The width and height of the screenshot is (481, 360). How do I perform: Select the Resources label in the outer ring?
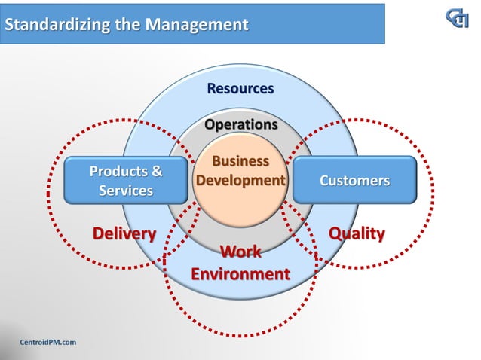point(240,89)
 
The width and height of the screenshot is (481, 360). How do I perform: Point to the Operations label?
point(241,124)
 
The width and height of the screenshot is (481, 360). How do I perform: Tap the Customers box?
point(354,181)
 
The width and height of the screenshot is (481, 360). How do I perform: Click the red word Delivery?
point(124,233)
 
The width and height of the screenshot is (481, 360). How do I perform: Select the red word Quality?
point(357,233)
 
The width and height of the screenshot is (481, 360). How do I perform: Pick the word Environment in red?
point(240,273)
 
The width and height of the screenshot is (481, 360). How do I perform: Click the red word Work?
point(240,251)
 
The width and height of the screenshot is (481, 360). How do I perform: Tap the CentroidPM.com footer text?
point(47,343)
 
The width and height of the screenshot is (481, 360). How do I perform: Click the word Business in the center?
point(240,161)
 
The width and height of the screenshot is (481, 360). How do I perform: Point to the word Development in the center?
point(240,181)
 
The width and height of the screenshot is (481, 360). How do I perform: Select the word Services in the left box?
point(125,191)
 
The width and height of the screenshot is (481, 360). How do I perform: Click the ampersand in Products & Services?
point(156,171)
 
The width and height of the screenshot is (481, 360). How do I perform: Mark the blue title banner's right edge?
point(385,23)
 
